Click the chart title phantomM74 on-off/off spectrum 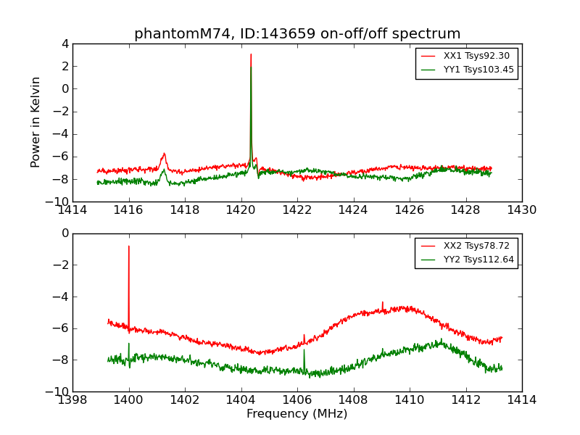tap(297, 34)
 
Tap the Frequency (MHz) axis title tap(297, 414)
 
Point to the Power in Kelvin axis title tap(36, 122)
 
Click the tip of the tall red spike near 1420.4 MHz tap(251, 54)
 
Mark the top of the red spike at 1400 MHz tap(129, 246)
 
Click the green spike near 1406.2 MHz tap(304, 351)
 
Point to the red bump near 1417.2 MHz tap(164, 154)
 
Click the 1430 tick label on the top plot tap(522, 210)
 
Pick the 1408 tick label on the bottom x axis tap(353, 399)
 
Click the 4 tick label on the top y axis tap(65, 44)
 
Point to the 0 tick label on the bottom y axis tap(65, 233)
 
